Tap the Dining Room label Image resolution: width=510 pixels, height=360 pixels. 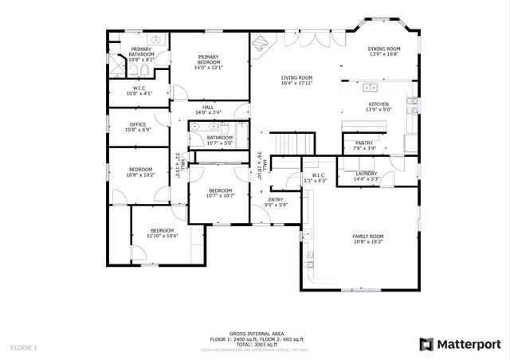coord(384,49)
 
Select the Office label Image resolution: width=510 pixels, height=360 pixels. coord(138,124)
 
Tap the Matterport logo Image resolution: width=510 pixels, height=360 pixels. coord(460,343)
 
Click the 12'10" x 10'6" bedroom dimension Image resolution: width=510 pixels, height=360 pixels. coord(162,236)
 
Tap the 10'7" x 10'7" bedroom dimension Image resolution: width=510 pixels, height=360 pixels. coord(220,195)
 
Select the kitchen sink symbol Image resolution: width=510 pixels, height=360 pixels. coord(370,88)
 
